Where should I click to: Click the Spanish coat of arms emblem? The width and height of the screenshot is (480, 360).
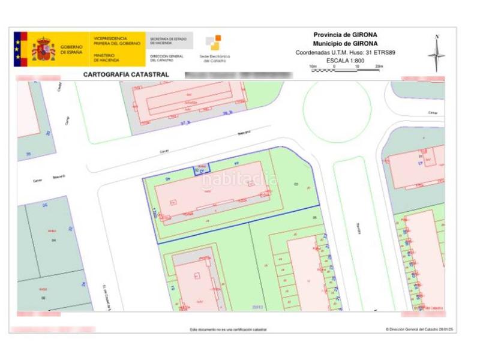click(x=43, y=49)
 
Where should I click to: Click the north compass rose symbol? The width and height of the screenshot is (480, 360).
click(x=436, y=53)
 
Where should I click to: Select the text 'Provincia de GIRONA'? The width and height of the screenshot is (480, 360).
click(x=345, y=35)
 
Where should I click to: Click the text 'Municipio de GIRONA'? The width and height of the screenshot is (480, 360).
click(x=345, y=44)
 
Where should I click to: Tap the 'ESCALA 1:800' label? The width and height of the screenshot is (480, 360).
click(x=345, y=61)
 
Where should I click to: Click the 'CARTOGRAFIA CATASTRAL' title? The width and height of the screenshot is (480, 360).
click(x=125, y=75)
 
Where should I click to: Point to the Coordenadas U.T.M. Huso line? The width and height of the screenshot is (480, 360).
click(x=345, y=52)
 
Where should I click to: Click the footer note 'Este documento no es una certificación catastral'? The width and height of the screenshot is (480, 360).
click(x=228, y=329)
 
